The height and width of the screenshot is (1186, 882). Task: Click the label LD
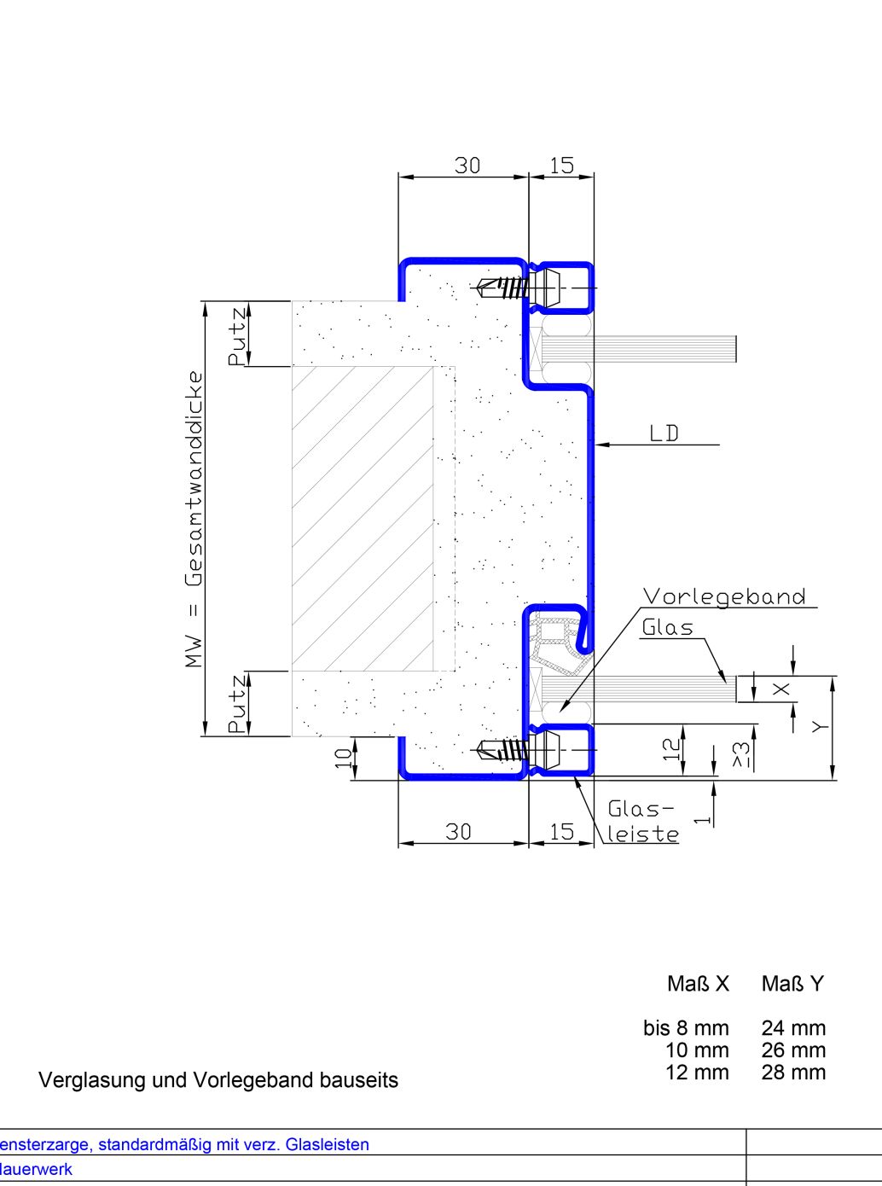(x=664, y=433)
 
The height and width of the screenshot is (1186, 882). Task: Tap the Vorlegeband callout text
(x=724, y=596)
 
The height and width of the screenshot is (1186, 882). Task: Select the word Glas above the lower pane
(x=668, y=627)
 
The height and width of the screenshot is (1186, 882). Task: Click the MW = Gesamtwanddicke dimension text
(x=194, y=520)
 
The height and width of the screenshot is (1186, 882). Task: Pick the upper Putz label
(x=237, y=336)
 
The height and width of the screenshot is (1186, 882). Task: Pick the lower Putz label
(x=237, y=704)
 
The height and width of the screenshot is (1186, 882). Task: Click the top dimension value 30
(x=467, y=166)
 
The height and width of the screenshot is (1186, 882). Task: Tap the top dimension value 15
(x=561, y=166)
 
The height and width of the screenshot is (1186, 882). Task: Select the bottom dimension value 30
(x=459, y=832)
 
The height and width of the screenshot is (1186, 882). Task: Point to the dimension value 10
(x=343, y=759)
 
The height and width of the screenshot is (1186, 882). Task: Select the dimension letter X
(x=781, y=689)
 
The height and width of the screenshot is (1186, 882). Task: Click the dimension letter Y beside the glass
(x=820, y=727)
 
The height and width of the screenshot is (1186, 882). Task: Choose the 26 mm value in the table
(x=794, y=1050)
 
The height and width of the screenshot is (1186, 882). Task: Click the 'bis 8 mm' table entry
(x=686, y=1027)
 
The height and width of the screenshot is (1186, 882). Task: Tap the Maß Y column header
(x=792, y=983)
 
